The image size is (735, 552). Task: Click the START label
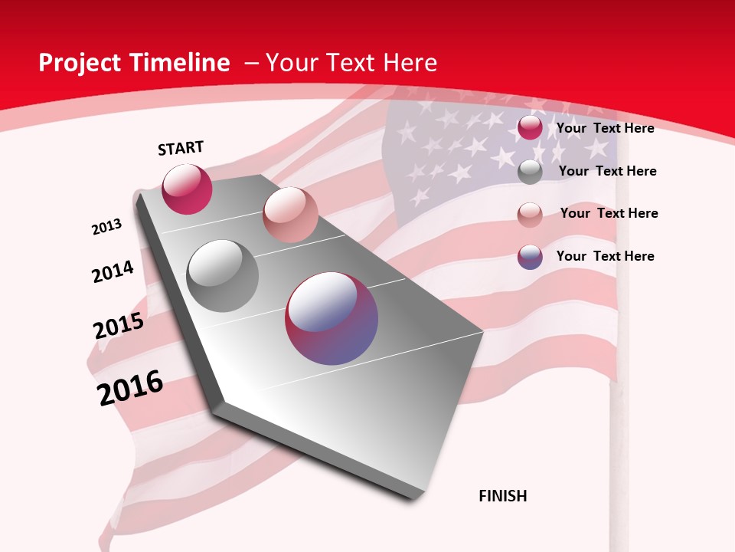pyautogui.click(x=181, y=148)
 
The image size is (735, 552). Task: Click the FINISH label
pyautogui.click(x=503, y=496)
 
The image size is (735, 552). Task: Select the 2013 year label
pyautogui.click(x=106, y=227)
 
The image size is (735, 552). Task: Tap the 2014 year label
pyautogui.click(x=113, y=271)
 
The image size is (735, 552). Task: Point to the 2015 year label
pyautogui.click(x=119, y=326)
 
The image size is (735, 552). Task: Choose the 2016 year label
pyautogui.click(x=130, y=387)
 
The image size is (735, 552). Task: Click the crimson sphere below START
pyautogui.click(x=187, y=189)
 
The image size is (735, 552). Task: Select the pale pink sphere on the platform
pyautogui.click(x=290, y=215)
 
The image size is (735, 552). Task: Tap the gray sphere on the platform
pyautogui.click(x=223, y=276)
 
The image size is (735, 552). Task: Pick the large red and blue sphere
pyautogui.click(x=332, y=318)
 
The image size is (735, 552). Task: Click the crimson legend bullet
pyautogui.click(x=530, y=127)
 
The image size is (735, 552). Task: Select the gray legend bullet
pyautogui.click(x=530, y=172)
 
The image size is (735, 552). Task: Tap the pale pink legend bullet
pyautogui.click(x=530, y=215)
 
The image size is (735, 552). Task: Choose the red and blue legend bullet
pyautogui.click(x=530, y=257)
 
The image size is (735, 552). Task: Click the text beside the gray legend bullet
pyautogui.click(x=607, y=171)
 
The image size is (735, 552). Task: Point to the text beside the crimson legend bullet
pyautogui.click(x=605, y=128)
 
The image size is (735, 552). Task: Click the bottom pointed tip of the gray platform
pyautogui.click(x=414, y=497)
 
